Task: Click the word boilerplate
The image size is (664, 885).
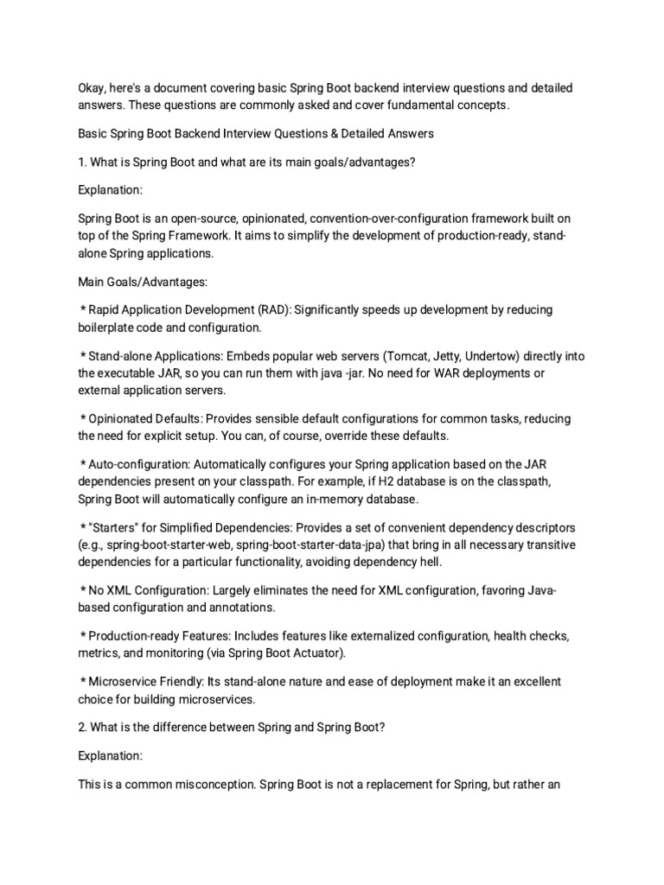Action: [x=109, y=328]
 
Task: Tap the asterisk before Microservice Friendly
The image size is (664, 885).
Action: [x=82, y=682]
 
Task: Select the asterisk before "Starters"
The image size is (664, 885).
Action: [x=82, y=527]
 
